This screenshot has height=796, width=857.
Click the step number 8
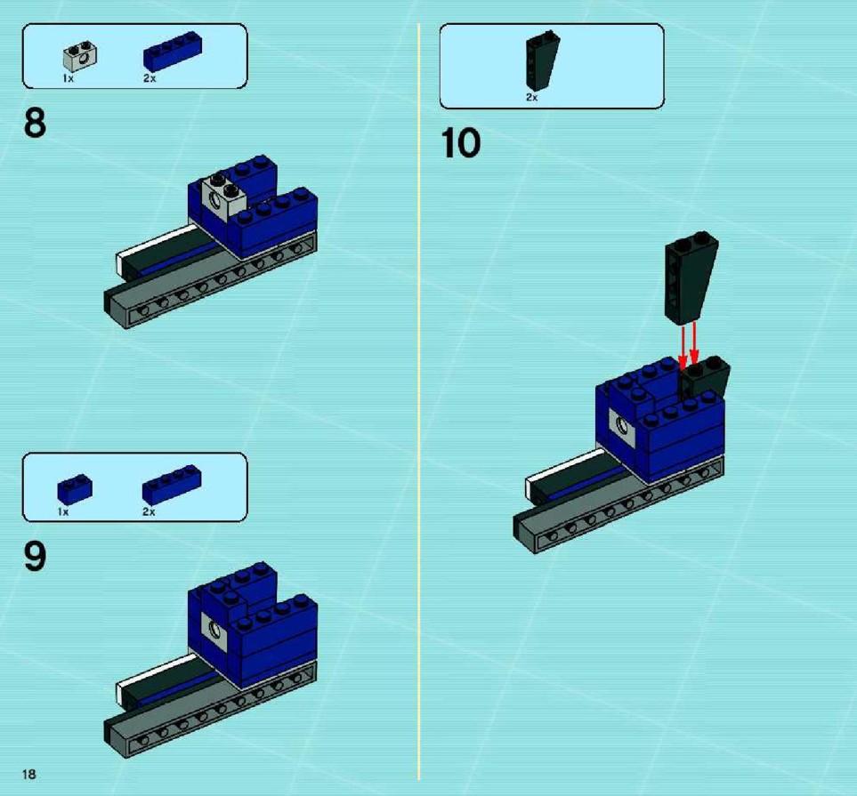click(x=35, y=123)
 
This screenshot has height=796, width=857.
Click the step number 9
click(x=35, y=557)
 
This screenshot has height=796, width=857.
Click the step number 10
click(x=461, y=143)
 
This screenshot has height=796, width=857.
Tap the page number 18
click(x=29, y=774)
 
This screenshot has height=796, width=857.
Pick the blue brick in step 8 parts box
click(x=173, y=52)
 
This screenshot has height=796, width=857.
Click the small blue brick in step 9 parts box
click(x=75, y=489)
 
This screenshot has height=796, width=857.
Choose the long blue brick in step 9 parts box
click(x=172, y=485)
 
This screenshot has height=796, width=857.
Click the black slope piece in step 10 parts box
click(x=542, y=60)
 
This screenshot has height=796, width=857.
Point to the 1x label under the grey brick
click(x=68, y=78)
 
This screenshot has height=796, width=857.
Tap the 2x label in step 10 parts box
click(x=532, y=97)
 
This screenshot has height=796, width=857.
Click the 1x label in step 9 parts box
click(x=63, y=512)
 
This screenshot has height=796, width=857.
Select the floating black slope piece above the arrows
click(x=691, y=278)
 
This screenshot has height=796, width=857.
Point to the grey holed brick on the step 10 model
click(x=621, y=427)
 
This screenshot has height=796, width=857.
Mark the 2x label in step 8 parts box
click(x=150, y=78)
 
